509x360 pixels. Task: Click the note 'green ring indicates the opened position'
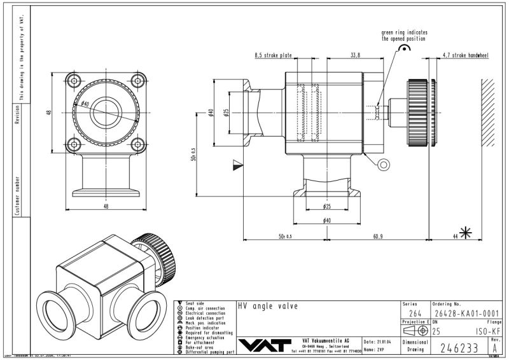(404, 35)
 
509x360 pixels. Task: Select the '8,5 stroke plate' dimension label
(273, 56)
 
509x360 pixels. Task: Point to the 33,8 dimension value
(354, 56)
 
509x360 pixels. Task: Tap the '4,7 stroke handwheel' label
(465, 56)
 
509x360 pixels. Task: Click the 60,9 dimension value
(377, 237)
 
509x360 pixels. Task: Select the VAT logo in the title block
(263, 344)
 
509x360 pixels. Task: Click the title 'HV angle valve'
(267, 306)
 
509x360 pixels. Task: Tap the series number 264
(414, 313)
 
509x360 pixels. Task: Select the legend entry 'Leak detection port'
(205, 318)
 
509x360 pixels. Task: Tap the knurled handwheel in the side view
(417, 112)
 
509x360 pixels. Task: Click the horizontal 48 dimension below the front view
(106, 205)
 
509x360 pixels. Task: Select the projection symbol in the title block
(415, 331)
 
